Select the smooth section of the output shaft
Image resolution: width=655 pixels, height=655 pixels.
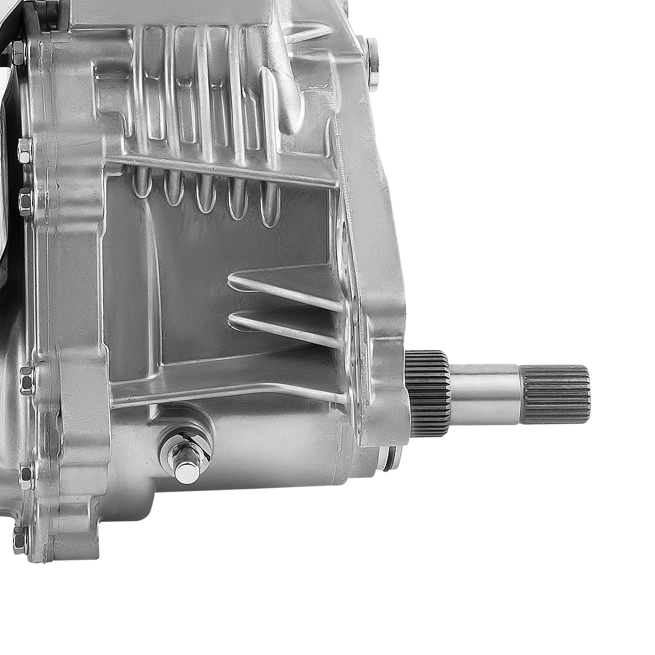pos(487,393)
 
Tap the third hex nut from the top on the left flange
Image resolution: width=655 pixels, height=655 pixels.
pos(25,199)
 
